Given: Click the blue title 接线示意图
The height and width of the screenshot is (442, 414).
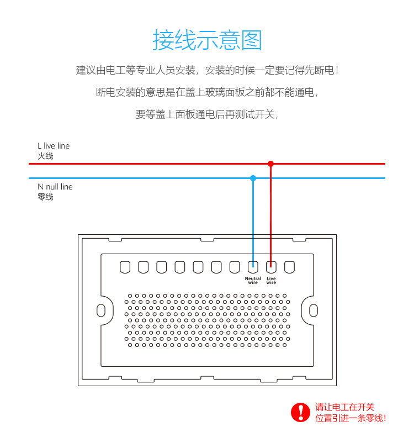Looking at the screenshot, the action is click(207, 40).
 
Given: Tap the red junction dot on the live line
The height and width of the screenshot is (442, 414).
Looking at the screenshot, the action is click(270, 164).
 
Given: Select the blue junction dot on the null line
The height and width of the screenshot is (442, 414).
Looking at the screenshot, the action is click(253, 178).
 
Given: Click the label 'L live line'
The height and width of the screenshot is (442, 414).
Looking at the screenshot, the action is click(54, 146).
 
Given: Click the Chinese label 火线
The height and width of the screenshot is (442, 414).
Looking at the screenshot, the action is click(45, 156).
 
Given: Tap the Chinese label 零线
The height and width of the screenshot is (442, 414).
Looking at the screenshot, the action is click(45, 197).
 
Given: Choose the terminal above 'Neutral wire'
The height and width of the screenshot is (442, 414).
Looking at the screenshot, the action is click(253, 267).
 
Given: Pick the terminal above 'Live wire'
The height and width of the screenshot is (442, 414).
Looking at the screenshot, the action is click(271, 267).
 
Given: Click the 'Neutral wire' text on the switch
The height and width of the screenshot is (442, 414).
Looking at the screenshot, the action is click(253, 281).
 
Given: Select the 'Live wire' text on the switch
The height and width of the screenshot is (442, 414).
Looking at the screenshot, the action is click(271, 281).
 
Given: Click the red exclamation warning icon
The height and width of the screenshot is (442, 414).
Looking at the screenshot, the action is click(301, 412).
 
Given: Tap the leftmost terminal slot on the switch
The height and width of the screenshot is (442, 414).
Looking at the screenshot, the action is click(125, 267).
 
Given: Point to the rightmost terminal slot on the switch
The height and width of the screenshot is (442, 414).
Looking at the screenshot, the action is click(289, 267).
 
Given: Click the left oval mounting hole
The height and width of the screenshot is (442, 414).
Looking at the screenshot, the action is click(101, 310).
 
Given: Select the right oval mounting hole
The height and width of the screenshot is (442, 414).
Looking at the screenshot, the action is click(314, 310).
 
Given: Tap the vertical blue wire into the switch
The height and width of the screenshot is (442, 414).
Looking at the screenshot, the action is click(253, 221).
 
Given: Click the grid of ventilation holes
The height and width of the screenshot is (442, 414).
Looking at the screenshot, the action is click(208, 320).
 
